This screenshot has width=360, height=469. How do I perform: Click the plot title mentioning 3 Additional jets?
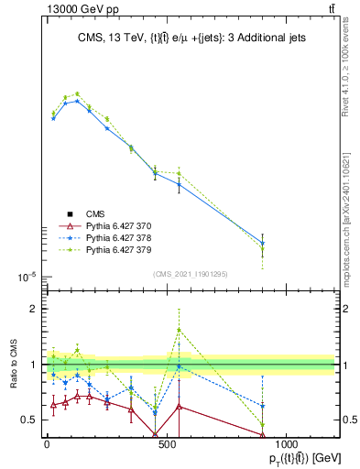190,38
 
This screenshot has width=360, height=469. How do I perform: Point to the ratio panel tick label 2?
32,309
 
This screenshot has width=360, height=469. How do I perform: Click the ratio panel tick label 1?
32,365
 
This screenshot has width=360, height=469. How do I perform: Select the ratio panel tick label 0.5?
27,420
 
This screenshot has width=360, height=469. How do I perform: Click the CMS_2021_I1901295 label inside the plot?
190,274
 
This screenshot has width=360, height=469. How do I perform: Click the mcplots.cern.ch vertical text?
345,220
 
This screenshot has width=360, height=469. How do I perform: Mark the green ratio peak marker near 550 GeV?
179,330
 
